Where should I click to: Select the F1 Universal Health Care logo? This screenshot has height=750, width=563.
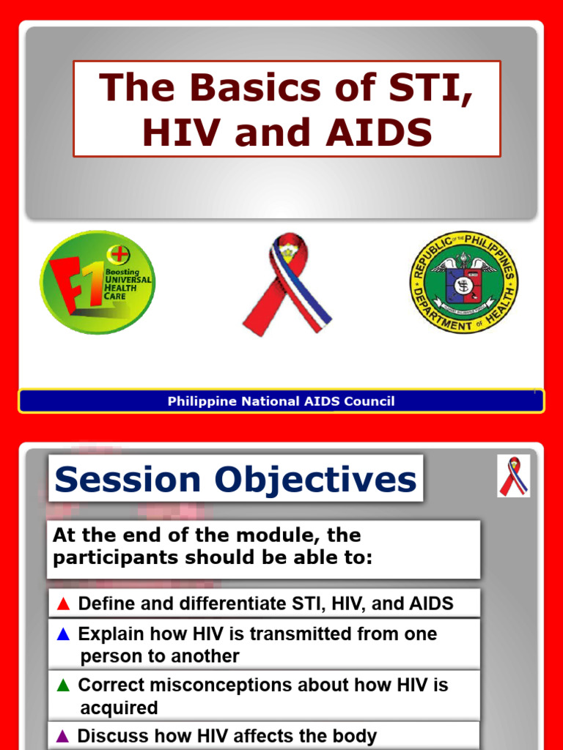click(x=97, y=282)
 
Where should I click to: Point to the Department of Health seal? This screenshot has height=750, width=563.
click(x=463, y=282)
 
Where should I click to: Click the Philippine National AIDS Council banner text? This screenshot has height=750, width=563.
click(x=281, y=401)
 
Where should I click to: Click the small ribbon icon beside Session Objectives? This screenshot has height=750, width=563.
click(x=513, y=476)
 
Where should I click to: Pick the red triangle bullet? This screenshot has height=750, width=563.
click(x=63, y=604)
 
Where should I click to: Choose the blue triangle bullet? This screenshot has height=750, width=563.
click(x=63, y=634)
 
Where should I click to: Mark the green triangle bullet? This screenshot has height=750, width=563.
click(x=63, y=686)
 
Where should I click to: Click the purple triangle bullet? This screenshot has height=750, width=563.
click(x=63, y=735)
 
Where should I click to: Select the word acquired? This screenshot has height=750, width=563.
click(x=119, y=708)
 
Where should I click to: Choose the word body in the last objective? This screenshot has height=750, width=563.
click(x=353, y=735)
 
